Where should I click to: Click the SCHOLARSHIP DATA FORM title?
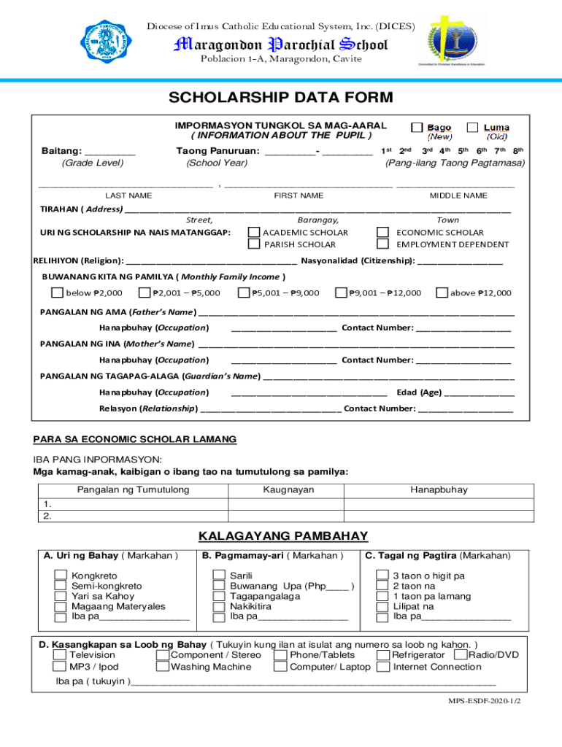tap(281, 98)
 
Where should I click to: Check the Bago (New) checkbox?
tap(417, 128)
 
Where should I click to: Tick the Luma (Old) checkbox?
tap(473, 128)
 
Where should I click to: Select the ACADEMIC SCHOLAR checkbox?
tap(254, 233)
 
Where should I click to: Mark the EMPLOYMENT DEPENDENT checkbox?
tap(382, 244)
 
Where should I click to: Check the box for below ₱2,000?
tap(57, 293)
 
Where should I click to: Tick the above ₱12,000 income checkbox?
tap(442, 293)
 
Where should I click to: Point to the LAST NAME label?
tap(128, 196)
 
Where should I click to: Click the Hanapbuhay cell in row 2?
tap(439, 516)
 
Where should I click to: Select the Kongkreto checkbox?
tap(61, 576)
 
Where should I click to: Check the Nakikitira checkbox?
tap(219, 606)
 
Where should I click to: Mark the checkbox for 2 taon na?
tap(382, 586)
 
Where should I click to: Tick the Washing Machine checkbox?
tap(163, 667)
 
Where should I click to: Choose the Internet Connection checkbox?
tap(382, 667)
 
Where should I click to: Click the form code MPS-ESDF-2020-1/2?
tap(489, 700)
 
